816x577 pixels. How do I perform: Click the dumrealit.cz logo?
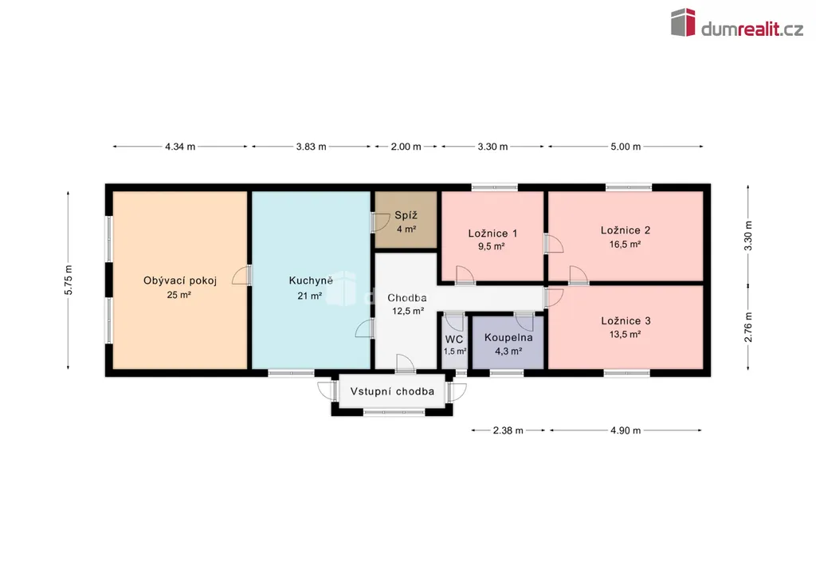pyautogui.click(x=737, y=23)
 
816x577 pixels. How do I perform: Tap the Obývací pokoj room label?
pyautogui.click(x=180, y=281)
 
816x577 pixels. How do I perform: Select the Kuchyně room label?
pyautogui.click(x=311, y=281)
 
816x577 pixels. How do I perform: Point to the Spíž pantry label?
pyautogui.click(x=406, y=215)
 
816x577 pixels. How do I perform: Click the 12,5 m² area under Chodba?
pyautogui.click(x=408, y=311)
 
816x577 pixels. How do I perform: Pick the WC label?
pyautogui.click(x=453, y=340)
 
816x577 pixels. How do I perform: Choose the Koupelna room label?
pyautogui.click(x=508, y=338)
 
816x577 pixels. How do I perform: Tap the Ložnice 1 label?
pyautogui.click(x=492, y=234)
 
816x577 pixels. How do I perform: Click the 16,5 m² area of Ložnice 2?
pyautogui.click(x=625, y=244)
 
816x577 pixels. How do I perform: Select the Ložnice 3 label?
pyautogui.click(x=626, y=321)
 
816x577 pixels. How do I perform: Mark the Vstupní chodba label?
pyautogui.click(x=392, y=392)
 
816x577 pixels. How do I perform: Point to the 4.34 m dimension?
pyautogui.click(x=180, y=147)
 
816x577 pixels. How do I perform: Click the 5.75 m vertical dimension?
pyautogui.click(x=69, y=280)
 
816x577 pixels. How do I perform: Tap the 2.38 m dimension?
pyautogui.click(x=508, y=430)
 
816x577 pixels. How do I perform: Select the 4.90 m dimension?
pyautogui.click(x=626, y=430)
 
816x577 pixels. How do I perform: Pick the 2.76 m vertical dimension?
pyautogui.click(x=748, y=328)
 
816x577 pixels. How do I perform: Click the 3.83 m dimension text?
pyautogui.click(x=312, y=147)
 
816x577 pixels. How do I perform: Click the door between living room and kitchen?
pyautogui.click(x=242, y=275)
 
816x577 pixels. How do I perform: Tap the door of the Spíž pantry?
pyautogui.click(x=380, y=222)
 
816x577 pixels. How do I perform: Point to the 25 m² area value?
pyautogui.click(x=179, y=295)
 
